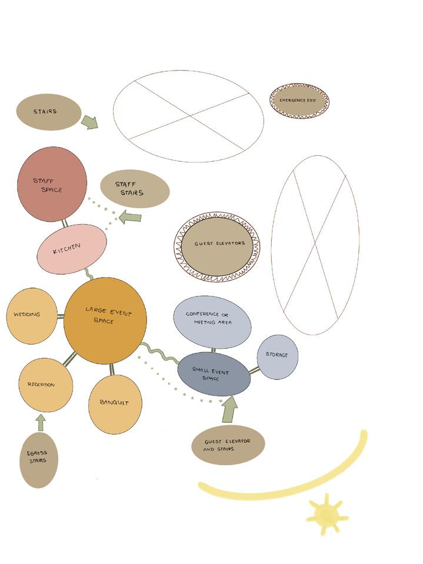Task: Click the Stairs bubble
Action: click(48, 112)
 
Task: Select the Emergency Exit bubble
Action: click(299, 101)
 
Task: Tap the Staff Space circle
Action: click(52, 184)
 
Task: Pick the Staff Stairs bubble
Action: click(135, 189)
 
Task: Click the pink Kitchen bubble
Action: click(72, 249)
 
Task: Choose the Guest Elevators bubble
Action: click(217, 246)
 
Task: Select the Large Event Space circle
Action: click(105, 321)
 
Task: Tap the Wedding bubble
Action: click(32, 316)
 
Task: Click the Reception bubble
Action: click(45, 385)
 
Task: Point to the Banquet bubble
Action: click(115, 404)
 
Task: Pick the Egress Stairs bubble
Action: click(39, 460)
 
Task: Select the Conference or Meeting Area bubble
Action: click(212, 322)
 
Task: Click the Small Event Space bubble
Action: click(214, 374)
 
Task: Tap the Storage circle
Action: click(278, 357)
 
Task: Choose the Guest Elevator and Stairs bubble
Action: click(228, 445)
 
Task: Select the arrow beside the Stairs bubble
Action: click(89, 122)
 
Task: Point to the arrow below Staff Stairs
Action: click(130, 217)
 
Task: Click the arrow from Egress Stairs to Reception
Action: click(41, 422)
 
